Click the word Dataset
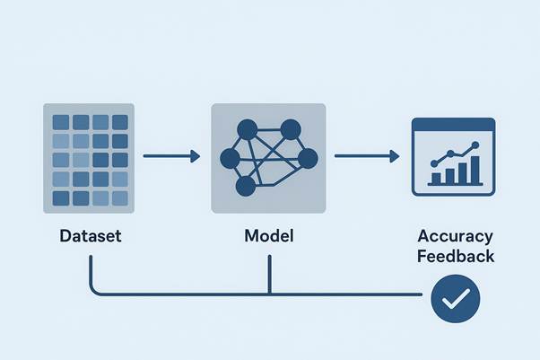[90, 238]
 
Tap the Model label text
[269, 238]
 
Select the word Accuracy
[455, 237]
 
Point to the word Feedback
[455, 256]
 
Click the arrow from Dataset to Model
[171, 157]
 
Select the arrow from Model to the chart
[367, 157]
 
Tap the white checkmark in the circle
[456, 300]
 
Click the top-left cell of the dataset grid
[61, 121]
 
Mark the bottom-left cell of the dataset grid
[61, 198]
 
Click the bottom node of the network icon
[244, 187]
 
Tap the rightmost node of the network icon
[308, 159]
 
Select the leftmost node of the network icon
[230, 160]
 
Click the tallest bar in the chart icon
[474, 169]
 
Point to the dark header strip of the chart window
[453, 124]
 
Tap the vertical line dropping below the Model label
[269, 274]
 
